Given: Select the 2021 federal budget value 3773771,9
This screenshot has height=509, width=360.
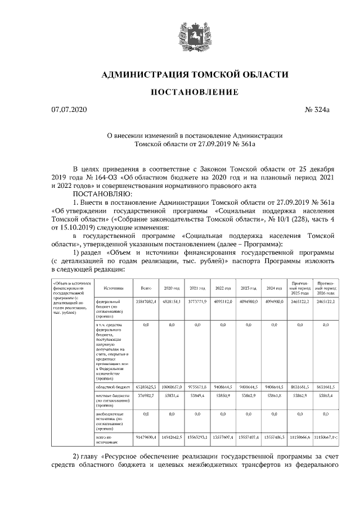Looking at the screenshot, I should pos(196,302).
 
